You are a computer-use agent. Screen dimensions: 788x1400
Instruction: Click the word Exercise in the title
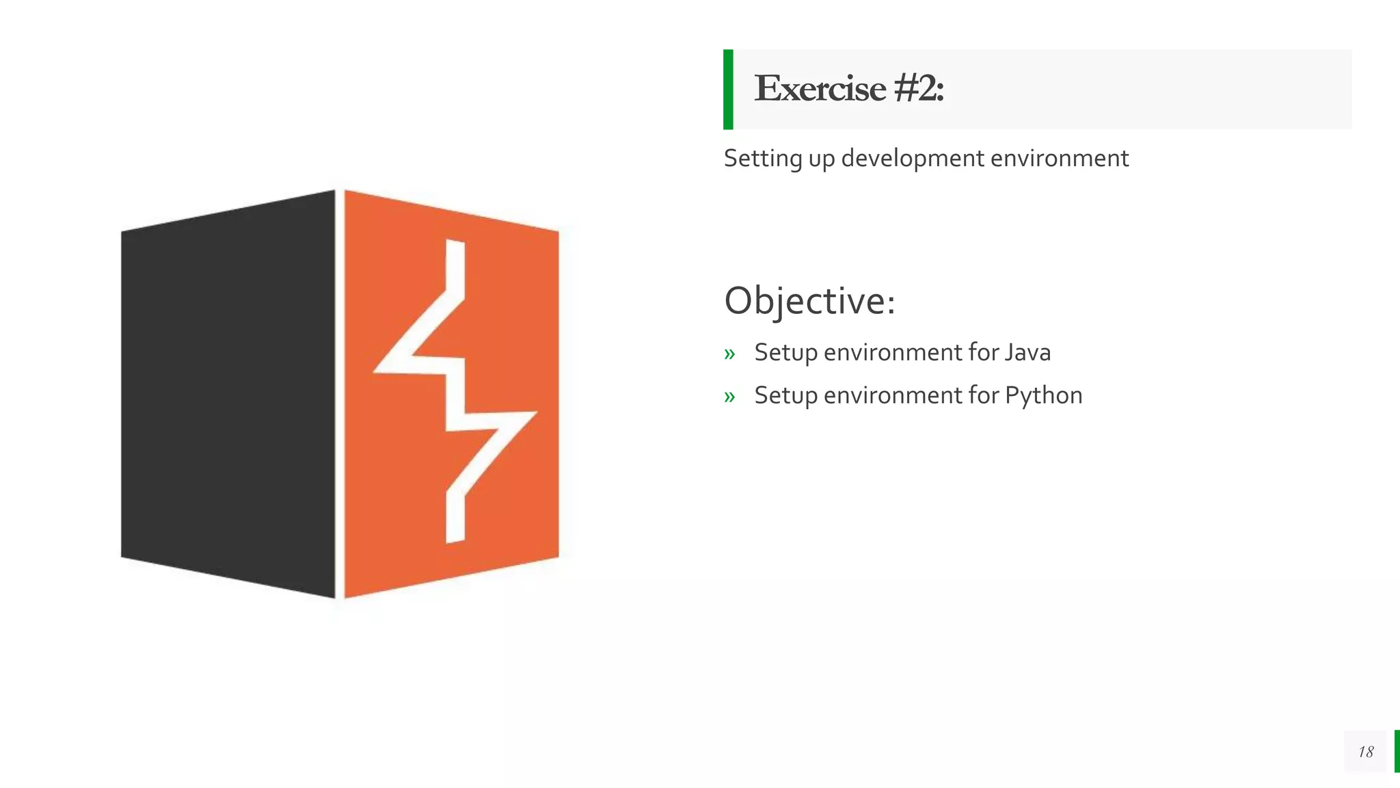(x=820, y=89)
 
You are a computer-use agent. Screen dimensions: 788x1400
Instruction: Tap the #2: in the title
(x=918, y=89)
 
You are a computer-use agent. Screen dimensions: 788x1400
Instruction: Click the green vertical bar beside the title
(x=728, y=89)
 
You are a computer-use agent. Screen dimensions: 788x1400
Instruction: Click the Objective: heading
(x=809, y=301)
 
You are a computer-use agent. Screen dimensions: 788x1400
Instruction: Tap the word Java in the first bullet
(x=1027, y=352)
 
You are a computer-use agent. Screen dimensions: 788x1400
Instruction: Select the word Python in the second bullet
(x=1043, y=396)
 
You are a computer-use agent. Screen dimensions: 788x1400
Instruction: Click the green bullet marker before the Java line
(x=729, y=354)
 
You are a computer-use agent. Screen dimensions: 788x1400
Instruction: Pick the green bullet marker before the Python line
(x=729, y=397)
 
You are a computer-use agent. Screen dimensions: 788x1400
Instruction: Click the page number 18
(x=1365, y=752)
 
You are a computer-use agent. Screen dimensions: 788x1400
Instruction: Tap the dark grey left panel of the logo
(x=228, y=394)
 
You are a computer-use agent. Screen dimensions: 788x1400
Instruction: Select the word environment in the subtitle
(x=1059, y=159)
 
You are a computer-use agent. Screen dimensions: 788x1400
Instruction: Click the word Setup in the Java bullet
(x=785, y=353)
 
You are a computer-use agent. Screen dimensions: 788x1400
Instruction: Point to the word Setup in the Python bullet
(x=785, y=396)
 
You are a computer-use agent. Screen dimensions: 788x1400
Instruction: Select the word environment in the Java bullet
(x=893, y=352)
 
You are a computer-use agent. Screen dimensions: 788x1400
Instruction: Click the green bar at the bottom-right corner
(x=1397, y=751)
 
